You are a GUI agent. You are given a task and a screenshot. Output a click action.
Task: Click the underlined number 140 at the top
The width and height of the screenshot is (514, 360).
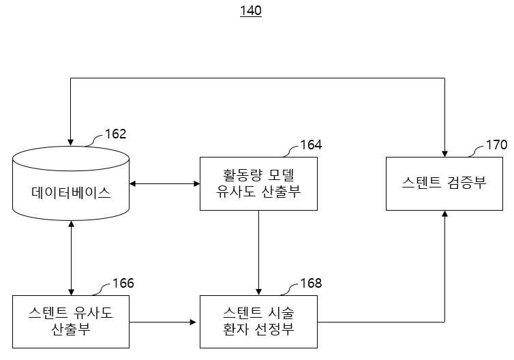(251, 10)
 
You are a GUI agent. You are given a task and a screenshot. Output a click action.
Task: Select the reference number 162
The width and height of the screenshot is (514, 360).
(116, 134)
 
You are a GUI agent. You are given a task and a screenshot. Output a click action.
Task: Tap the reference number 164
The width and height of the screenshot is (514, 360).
(311, 145)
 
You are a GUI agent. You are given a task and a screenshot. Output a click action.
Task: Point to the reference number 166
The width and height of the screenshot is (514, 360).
(123, 283)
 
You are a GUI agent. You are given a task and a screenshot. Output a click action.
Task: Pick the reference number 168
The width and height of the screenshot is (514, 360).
(311, 283)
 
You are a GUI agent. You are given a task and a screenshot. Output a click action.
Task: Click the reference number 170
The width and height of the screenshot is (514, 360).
(497, 145)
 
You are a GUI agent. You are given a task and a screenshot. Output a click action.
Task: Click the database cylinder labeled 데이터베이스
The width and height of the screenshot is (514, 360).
(71, 183)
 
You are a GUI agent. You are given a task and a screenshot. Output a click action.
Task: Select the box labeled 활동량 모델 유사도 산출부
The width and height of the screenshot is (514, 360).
(258, 183)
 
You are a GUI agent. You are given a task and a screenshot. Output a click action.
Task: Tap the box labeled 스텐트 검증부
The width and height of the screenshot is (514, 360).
(444, 183)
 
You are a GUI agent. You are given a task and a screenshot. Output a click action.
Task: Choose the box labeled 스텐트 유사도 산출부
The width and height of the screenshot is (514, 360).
(71, 322)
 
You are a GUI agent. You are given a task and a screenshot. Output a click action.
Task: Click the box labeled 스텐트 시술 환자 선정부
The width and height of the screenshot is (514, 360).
(258, 322)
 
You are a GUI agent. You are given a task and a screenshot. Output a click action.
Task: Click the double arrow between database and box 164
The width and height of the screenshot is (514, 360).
(165, 183)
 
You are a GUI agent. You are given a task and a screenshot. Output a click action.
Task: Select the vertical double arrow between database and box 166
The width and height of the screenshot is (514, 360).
(71, 258)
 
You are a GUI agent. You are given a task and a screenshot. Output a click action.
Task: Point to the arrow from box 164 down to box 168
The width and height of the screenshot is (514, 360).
(258, 253)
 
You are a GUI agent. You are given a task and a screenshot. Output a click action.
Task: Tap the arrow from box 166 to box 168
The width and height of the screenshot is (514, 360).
(163, 322)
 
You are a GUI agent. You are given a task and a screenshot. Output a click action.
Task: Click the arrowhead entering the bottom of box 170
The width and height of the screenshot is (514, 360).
(444, 214)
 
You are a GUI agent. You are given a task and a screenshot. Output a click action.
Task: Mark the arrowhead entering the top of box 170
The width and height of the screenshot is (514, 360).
(444, 154)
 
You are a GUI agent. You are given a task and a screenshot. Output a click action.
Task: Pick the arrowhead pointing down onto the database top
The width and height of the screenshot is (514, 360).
(70, 142)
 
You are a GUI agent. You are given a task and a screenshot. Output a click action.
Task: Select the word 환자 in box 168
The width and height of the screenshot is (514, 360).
(235, 329)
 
